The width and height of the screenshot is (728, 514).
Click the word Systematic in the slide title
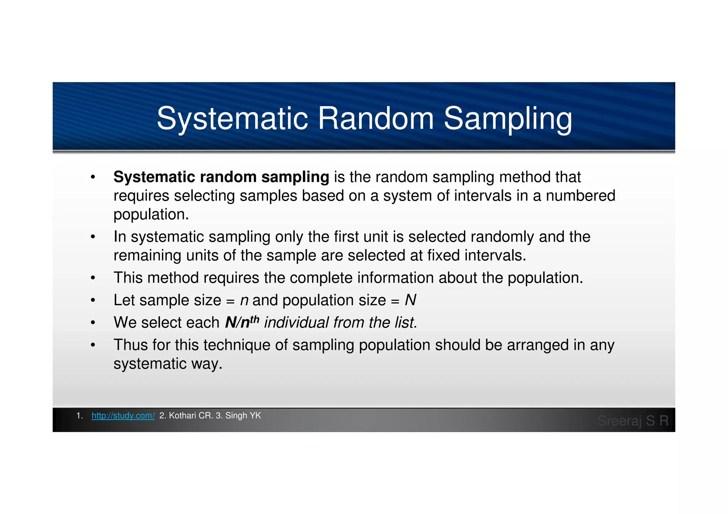(x=232, y=119)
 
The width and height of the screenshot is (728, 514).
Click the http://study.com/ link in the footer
(x=123, y=416)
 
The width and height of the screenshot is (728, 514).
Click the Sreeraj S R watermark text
(x=633, y=421)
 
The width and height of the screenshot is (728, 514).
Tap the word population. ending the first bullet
(x=151, y=215)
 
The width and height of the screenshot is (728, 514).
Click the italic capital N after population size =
(x=410, y=301)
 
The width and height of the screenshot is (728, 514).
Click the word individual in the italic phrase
(x=296, y=323)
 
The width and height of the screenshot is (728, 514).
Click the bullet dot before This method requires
(x=93, y=278)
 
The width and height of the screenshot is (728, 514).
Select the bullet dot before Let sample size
(x=93, y=301)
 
